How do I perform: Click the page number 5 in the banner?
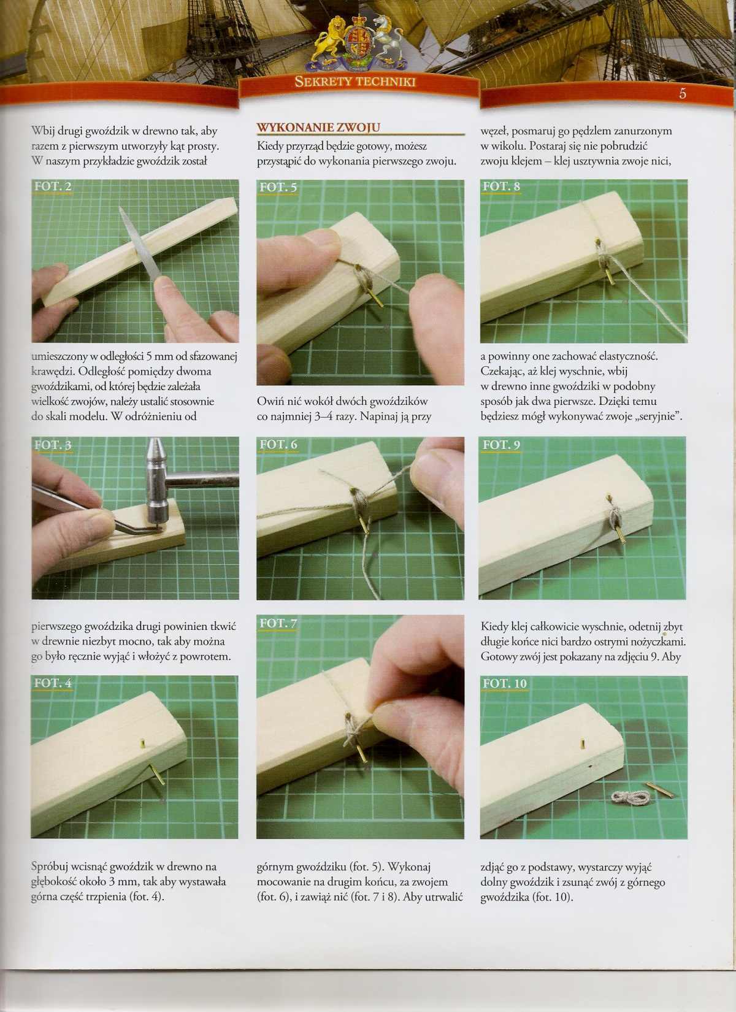683,94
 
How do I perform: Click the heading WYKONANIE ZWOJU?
318,128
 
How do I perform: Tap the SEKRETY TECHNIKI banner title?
355,82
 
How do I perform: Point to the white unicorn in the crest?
387,44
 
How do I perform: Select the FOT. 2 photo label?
53,186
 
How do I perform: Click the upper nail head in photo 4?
142,742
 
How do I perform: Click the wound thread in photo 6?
359,505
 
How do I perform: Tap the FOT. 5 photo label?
278,186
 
